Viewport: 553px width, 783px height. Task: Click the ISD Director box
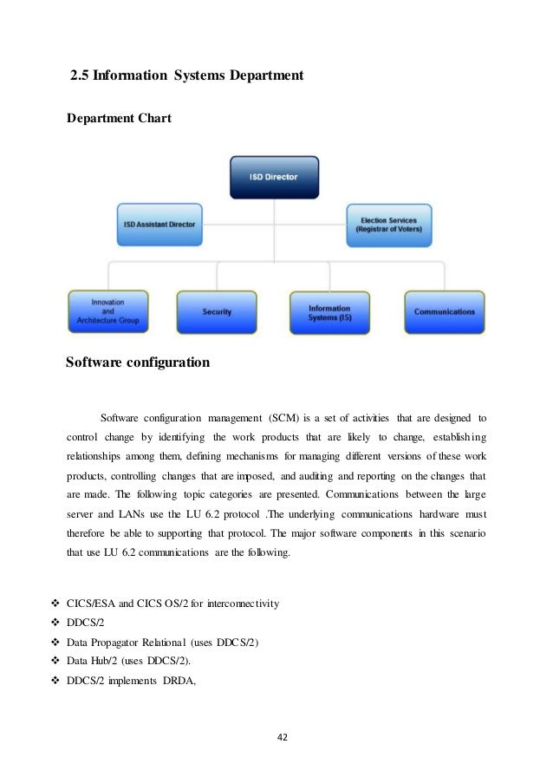[275, 178]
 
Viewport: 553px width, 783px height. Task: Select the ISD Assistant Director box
[159, 225]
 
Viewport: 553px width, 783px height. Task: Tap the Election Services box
[389, 225]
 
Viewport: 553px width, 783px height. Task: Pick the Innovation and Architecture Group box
[108, 310]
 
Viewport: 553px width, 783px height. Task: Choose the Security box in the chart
[216, 310]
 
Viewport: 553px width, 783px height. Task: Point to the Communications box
[444, 310]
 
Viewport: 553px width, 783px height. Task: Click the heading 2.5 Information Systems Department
[186, 76]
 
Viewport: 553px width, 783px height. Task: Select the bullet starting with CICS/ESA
[172, 604]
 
